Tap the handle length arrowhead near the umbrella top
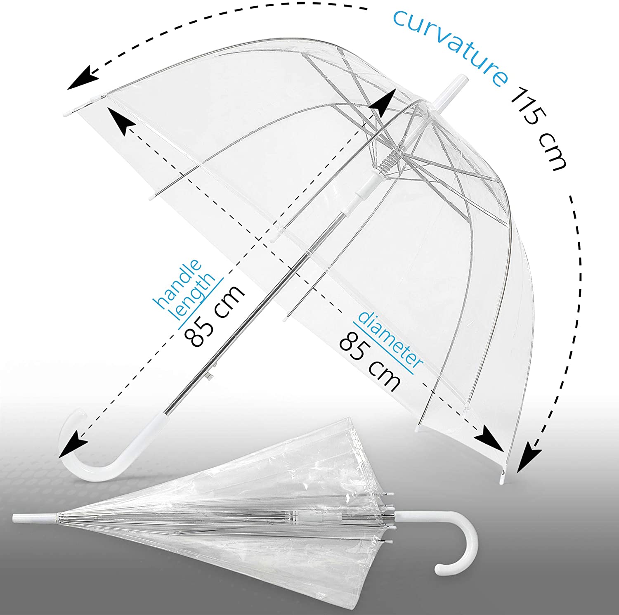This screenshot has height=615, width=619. pos(382,104)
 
